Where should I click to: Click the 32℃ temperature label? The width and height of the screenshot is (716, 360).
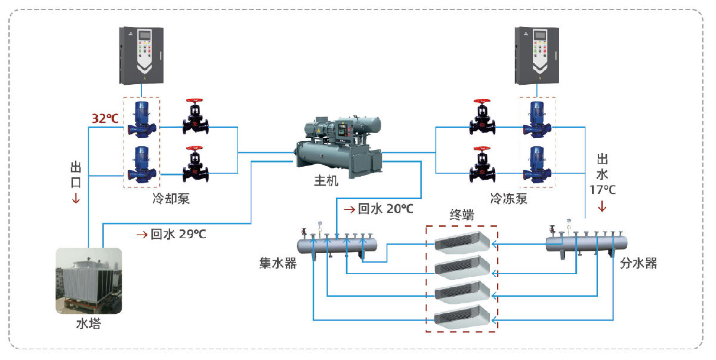point(105,118)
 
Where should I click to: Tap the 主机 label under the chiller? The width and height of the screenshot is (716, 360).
point(326,180)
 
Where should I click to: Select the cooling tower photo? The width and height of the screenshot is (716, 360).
point(89,281)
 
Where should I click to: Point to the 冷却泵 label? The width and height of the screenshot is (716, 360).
point(171,199)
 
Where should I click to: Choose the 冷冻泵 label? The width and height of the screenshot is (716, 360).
point(509,199)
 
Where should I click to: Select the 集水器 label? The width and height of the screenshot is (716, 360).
point(278,263)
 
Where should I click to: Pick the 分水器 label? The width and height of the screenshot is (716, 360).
point(638,263)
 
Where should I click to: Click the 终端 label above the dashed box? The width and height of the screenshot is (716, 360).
point(462,215)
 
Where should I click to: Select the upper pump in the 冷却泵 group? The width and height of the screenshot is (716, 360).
point(141,119)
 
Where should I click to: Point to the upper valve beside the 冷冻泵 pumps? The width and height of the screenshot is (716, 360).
point(482,118)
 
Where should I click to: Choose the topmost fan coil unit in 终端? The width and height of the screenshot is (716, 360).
point(462,241)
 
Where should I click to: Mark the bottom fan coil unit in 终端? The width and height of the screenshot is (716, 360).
point(462,319)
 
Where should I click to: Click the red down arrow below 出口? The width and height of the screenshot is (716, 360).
point(76,199)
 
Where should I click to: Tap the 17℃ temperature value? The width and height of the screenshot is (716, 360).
point(603,189)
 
